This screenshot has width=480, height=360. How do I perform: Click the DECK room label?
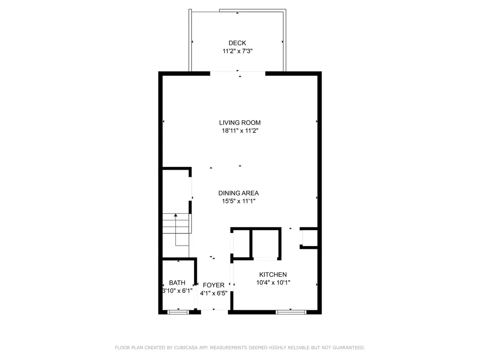pyautogui.click(x=237, y=43)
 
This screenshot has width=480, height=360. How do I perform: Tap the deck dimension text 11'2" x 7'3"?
pyautogui.click(x=237, y=51)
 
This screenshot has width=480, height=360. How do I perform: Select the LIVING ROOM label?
pyautogui.click(x=240, y=123)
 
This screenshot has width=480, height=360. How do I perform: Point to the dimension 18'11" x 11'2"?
pyautogui.click(x=240, y=131)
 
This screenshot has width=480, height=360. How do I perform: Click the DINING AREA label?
pyautogui.click(x=239, y=193)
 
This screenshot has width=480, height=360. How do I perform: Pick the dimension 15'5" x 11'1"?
pyautogui.click(x=239, y=201)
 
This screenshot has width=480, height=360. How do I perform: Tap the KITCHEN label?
pyautogui.click(x=273, y=275)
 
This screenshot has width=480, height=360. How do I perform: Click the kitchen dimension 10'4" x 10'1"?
pyautogui.click(x=273, y=283)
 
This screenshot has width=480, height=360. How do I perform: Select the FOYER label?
pyautogui.click(x=214, y=285)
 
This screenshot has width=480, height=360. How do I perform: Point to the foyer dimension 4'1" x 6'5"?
pyautogui.click(x=214, y=293)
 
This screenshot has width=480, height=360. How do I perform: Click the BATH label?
pyautogui.click(x=177, y=283)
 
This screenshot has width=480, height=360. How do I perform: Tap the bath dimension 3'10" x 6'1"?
pyautogui.click(x=177, y=291)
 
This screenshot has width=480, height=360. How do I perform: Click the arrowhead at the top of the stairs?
pyautogui.click(x=176, y=216)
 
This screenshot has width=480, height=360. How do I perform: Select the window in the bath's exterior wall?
pyautogui.click(x=178, y=312)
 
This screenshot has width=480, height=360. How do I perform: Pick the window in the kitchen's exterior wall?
pyautogui.click(x=291, y=312)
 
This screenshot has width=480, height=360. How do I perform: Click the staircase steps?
pyautogui.click(x=177, y=224)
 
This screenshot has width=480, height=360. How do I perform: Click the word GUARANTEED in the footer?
pyautogui.click(x=349, y=348)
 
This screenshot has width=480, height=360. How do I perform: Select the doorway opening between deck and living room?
pyautogui.click(x=238, y=73)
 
